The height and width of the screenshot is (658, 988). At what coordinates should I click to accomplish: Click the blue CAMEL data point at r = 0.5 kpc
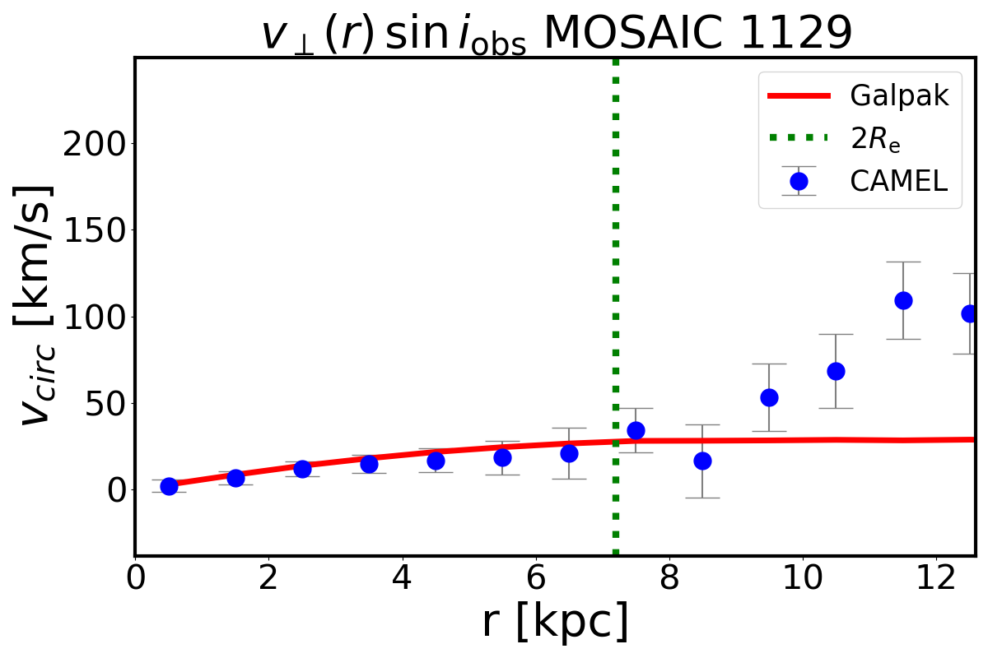(x=169, y=486)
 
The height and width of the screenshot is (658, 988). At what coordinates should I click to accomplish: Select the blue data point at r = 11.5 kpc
(x=903, y=300)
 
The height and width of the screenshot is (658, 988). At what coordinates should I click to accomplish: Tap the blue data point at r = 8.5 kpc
(x=702, y=461)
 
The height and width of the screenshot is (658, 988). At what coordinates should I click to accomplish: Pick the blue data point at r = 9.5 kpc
(x=769, y=397)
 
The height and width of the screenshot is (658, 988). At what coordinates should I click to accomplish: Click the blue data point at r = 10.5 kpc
(x=836, y=371)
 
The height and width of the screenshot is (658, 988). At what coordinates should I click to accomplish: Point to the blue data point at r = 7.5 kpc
(x=636, y=430)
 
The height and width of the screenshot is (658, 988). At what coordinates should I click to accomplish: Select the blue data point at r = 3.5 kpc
(x=369, y=464)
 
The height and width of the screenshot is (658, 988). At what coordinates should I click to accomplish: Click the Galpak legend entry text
(x=900, y=96)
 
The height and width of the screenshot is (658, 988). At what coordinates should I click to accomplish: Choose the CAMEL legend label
(x=900, y=181)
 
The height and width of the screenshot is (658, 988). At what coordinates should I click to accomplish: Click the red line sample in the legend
(x=798, y=96)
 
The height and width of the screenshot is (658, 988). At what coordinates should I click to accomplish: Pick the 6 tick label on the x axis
(x=536, y=576)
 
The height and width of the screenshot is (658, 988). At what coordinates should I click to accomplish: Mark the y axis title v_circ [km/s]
(x=39, y=304)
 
